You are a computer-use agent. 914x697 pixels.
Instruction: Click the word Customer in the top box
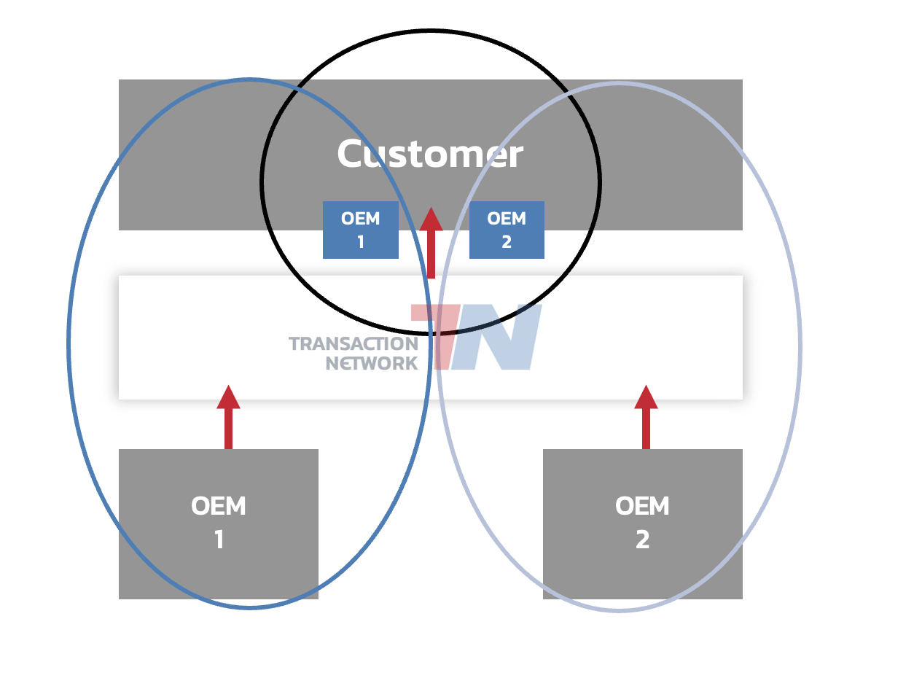430,155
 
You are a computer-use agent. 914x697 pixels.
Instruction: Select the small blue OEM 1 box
361,230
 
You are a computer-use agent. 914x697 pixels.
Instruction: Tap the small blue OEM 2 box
507,230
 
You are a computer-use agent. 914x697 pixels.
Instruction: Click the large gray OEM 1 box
219,523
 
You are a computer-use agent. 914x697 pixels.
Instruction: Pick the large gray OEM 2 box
642,523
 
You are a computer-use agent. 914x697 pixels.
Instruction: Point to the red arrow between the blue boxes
431,244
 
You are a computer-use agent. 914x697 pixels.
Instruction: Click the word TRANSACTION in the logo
354,343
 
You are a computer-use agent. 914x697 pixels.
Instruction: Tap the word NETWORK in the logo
372,363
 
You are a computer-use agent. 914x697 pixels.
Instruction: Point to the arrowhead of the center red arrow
431,219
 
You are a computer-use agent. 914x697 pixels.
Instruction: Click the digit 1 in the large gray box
219,540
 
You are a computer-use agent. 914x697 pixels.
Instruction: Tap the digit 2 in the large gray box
642,540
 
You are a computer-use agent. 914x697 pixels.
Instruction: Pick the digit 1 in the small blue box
361,242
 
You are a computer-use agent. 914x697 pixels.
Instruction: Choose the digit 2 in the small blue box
507,242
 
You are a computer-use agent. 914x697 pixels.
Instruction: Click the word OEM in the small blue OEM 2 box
507,219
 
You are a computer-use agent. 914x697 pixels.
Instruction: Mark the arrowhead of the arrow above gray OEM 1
228,397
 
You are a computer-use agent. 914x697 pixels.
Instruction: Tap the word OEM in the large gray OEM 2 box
642,506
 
